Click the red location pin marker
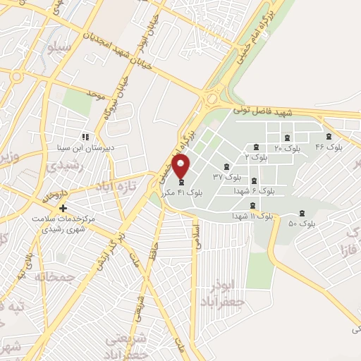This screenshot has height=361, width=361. [x=181, y=166]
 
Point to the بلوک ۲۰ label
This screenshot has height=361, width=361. [x=287, y=148]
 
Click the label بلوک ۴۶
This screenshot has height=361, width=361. [x=329, y=147]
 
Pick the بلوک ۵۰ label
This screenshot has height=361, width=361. [x=302, y=223]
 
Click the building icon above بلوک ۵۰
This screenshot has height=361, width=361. [x=302, y=212]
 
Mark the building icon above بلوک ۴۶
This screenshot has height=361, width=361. [x=328, y=137]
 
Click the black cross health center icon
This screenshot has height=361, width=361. [x=63, y=209]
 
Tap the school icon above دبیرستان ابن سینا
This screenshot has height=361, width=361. [x=85, y=137]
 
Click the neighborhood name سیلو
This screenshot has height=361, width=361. [x=58, y=47]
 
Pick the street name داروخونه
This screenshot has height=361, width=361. [x=54, y=193]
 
